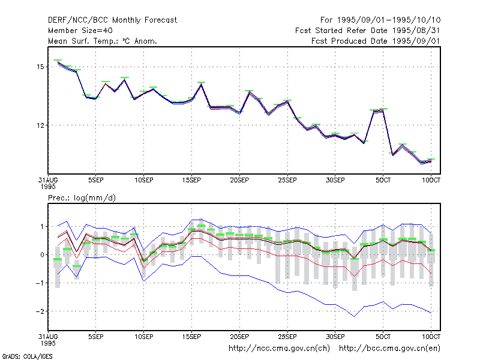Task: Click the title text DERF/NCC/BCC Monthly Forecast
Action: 112,20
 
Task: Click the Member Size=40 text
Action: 80,31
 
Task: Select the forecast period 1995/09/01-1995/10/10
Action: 388,20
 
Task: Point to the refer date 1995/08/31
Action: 416,31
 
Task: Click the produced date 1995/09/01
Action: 416,41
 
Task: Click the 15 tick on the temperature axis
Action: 40,67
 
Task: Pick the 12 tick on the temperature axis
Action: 40,125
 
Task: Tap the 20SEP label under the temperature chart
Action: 239,180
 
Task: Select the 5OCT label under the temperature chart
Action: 383,180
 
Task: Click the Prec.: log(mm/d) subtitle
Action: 82,198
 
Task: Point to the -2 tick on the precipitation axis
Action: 40,311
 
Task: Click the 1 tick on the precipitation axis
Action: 42,227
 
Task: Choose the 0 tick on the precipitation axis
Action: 42,254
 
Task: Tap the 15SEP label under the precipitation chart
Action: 191,337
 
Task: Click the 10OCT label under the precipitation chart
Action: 431,337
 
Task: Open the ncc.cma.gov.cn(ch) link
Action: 279,349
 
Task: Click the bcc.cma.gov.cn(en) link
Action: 389,349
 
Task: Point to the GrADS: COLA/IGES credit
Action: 27,356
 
